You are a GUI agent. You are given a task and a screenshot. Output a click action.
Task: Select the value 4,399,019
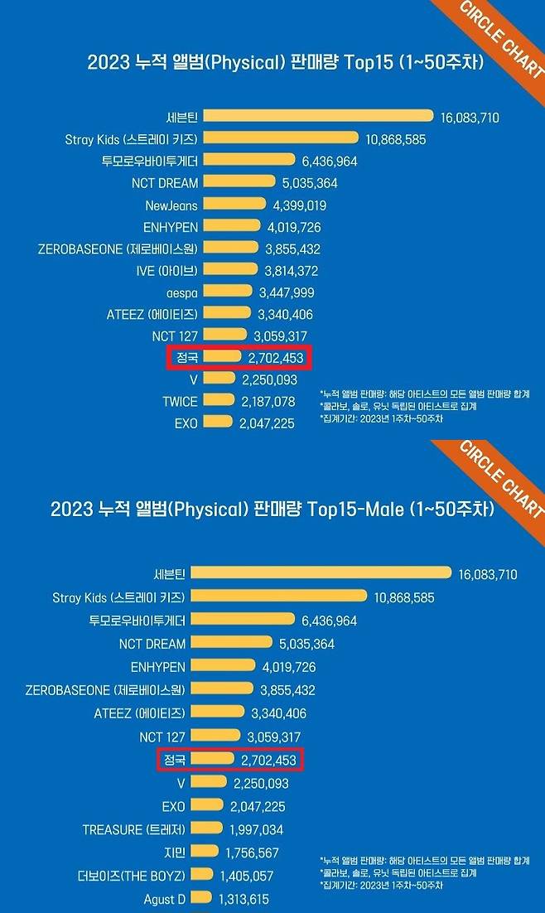[291, 205]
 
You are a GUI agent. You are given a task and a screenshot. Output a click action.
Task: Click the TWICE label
[180, 401]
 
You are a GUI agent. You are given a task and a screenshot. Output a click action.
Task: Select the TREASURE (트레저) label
[136, 829]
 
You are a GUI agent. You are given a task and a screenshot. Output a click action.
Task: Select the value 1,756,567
[252, 852]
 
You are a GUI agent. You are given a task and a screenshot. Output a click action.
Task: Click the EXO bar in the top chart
[218, 423]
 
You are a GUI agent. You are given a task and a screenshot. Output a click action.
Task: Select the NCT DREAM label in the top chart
[162, 182]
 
